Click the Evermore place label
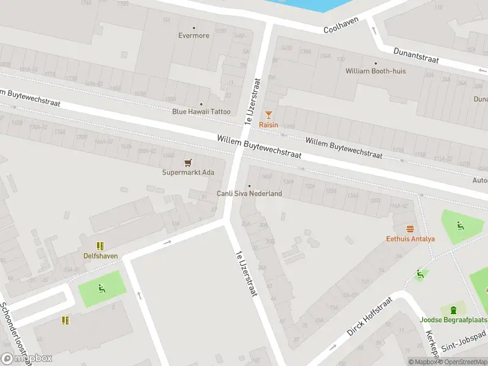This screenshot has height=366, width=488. (194, 35)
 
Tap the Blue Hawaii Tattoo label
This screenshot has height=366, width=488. (201, 111)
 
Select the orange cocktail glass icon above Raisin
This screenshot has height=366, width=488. (268, 115)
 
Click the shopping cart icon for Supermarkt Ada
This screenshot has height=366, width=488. (188, 162)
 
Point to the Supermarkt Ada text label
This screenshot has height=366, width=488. (188, 172)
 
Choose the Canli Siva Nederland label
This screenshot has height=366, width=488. (249, 193)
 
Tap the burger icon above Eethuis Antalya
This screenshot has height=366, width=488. (410, 229)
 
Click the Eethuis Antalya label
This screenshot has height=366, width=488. (410, 239)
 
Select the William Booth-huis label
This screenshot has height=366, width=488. (375, 71)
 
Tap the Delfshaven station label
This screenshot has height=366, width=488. (101, 256)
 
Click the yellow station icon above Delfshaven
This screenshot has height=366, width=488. (101, 246)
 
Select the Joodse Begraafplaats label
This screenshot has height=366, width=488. (454, 320)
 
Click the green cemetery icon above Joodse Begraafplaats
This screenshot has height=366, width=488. (454, 310)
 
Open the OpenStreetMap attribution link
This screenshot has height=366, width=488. (460, 362)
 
